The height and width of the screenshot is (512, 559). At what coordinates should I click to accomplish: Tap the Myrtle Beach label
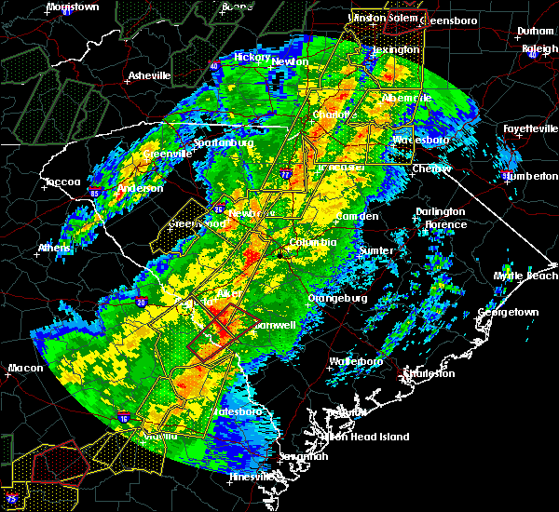(526, 276)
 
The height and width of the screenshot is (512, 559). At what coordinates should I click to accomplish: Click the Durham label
(536, 31)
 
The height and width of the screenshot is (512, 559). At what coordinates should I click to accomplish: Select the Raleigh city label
(540, 48)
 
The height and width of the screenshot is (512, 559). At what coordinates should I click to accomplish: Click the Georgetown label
(509, 312)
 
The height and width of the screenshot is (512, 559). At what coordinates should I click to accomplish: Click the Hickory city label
(252, 57)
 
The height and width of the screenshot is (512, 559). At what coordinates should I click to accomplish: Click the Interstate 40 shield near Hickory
(213, 65)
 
